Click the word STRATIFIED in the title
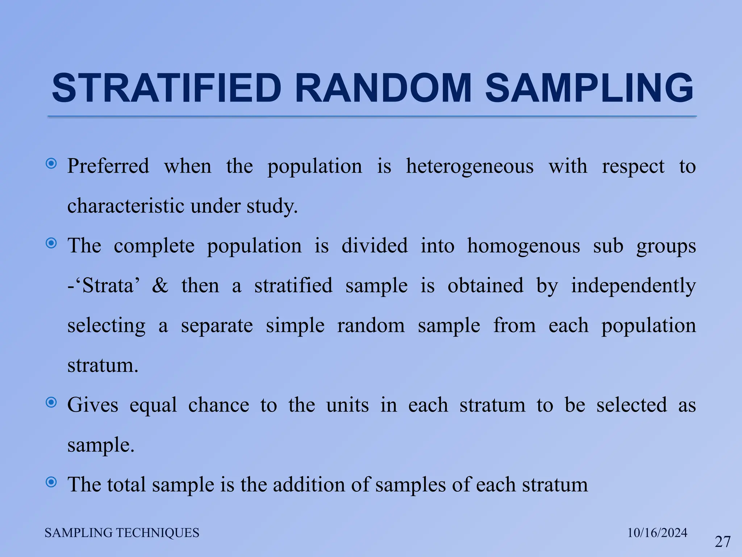(x=167, y=88)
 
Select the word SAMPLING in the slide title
(x=589, y=88)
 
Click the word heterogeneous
(x=470, y=166)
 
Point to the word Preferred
(x=108, y=166)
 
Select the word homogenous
(x=523, y=246)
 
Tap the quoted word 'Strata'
(x=108, y=285)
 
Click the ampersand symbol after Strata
(x=160, y=285)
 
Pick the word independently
(x=633, y=285)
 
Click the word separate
(x=217, y=325)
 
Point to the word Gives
(x=93, y=405)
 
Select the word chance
(x=218, y=405)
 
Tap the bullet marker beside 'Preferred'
(x=51, y=164)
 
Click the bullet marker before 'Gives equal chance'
(x=51, y=402)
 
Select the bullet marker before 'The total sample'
(x=51, y=482)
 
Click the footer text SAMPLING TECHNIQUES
(x=122, y=533)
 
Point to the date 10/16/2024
(x=657, y=533)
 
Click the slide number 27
(x=722, y=542)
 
